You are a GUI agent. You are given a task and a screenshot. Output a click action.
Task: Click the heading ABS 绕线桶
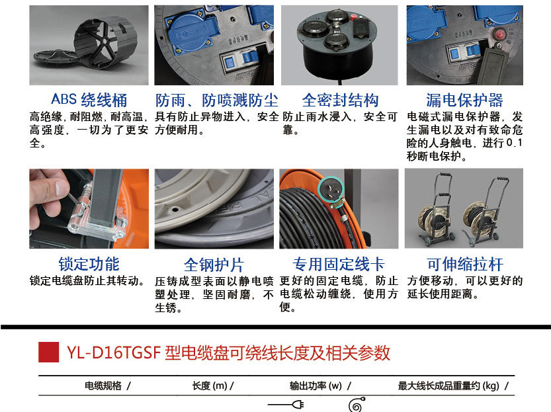click(x=89, y=100)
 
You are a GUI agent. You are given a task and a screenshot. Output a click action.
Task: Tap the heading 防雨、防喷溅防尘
click(x=217, y=101)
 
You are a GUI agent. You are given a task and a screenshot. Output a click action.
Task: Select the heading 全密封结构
click(x=340, y=101)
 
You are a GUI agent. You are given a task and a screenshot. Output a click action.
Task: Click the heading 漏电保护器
click(x=464, y=101)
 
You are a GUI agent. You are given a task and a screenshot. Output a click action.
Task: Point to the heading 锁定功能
click(x=89, y=264)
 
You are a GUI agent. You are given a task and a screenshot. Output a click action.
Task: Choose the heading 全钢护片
click(x=214, y=265)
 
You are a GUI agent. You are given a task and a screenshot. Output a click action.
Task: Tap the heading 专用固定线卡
click(x=339, y=264)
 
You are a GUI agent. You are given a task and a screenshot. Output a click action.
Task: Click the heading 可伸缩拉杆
click(x=465, y=264)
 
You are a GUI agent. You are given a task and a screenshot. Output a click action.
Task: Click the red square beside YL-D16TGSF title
click(x=48, y=352)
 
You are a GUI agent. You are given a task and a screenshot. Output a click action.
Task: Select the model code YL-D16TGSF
click(x=114, y=352)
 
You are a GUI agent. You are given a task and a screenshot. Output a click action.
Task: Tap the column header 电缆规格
click(x=103, y=386)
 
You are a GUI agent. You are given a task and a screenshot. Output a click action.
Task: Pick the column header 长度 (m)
click(x=210, y=386)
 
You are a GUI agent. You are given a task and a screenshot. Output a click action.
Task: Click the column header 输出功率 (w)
click(x=316, y=386)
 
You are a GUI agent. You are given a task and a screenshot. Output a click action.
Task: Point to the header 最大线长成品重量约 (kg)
click(x=448, y=386)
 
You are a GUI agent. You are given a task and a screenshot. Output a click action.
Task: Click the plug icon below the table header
click(x=286, y=405)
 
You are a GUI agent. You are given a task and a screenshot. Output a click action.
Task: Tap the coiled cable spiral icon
click(x=357, y=405)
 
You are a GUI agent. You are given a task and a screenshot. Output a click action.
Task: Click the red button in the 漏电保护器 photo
click(x=499, y=34)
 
